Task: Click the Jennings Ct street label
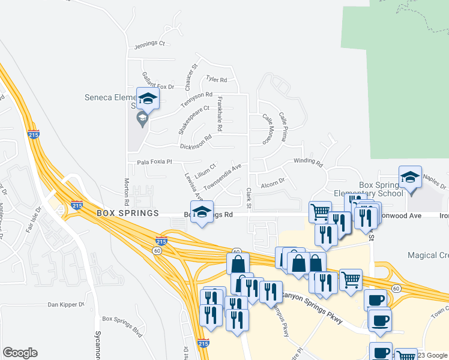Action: pos(149,44)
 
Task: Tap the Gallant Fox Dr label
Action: pos(158,82)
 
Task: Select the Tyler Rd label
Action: pos(216,79)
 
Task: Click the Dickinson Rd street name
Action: pos(196,142)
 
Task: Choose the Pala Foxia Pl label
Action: pos(154,162)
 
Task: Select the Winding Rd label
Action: pos(308,161)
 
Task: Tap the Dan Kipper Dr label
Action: pos(66,305)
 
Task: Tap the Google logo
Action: pos(20,353)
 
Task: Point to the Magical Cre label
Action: pos(428,256)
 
